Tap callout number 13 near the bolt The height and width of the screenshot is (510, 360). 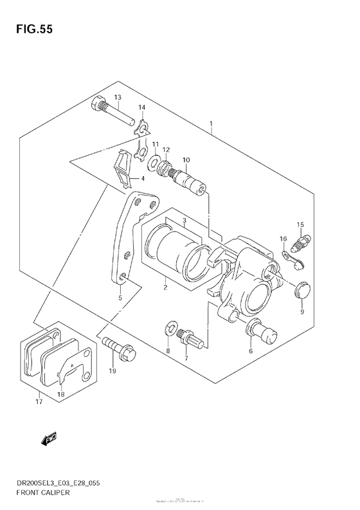click(118, 97)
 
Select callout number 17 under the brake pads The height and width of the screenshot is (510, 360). click(39, 402)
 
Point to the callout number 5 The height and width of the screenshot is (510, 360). click(120, 298)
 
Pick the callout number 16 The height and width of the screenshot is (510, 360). click(283, 239)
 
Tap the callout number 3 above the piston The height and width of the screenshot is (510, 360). click(184, 221)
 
